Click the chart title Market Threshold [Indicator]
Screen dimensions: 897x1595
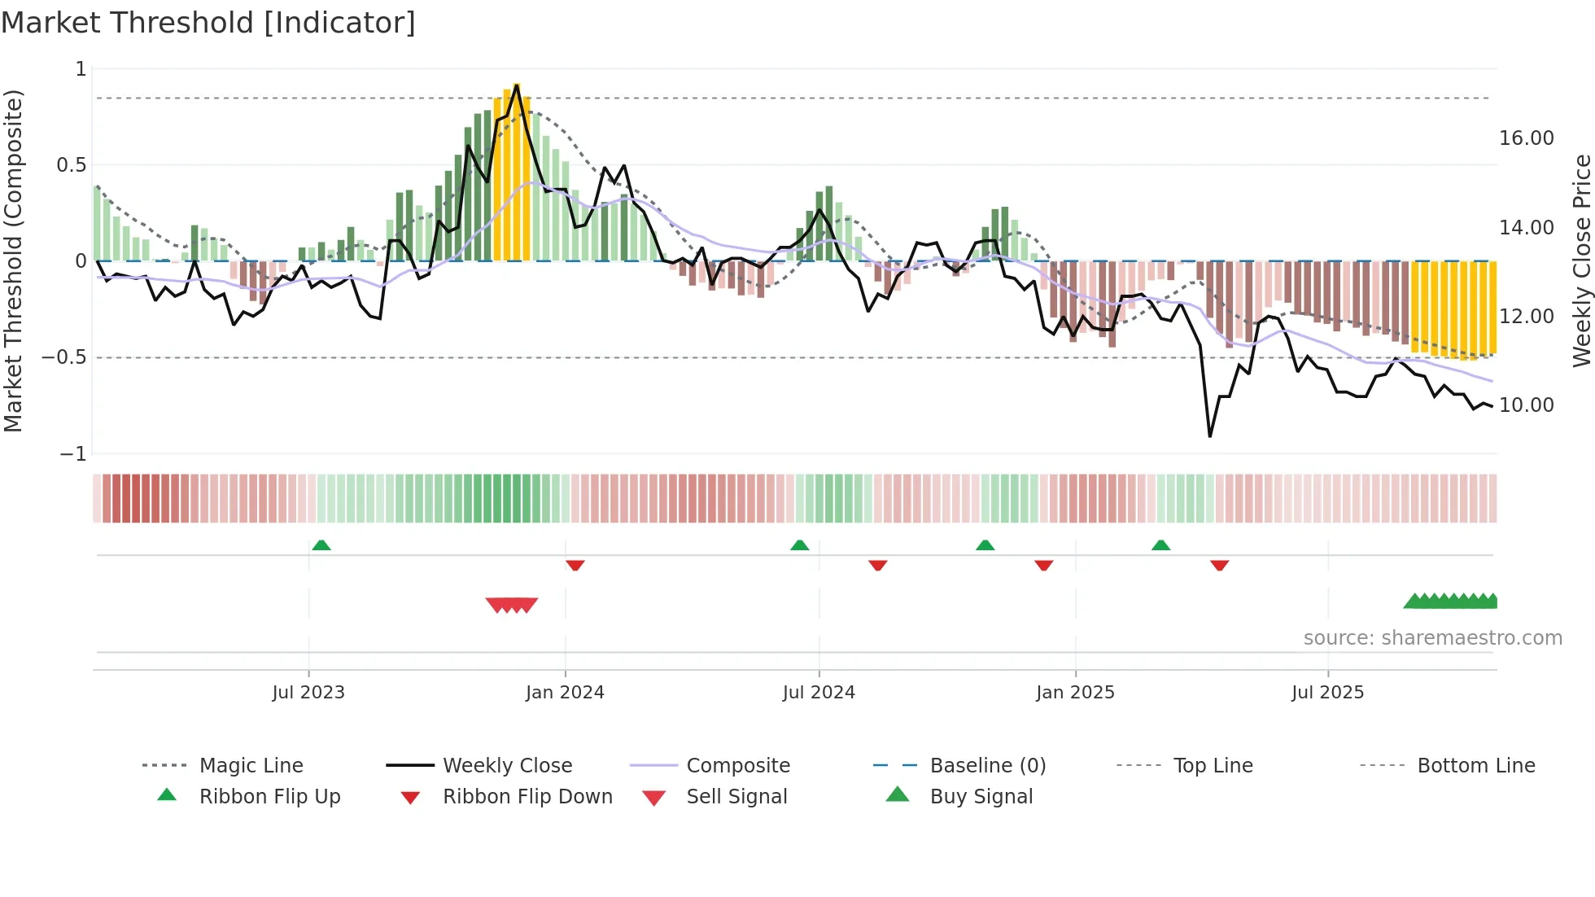click(x=208, y=23)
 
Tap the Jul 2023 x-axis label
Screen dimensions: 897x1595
click(x=308, y=692)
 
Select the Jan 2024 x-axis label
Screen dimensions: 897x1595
click(x=565, y=692)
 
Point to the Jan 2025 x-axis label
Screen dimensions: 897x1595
click(x=1075, y=692)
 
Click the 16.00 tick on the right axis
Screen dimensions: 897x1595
click(x=1526, y=138)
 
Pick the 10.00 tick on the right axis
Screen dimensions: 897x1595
click(x=1526, y=405)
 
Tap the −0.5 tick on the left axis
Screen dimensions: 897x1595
click(x=64, y=357)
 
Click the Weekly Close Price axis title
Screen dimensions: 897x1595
click(x=1581, y=260)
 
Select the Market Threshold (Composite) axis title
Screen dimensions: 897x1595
click(x=13, y=260)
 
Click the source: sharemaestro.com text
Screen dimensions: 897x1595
click(x=1432, y=637)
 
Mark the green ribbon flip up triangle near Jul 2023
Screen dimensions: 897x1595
click(x=321, y=545)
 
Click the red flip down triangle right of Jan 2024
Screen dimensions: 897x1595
click(x=575, y=565)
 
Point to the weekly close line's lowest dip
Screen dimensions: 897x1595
click(x=1210, y=436)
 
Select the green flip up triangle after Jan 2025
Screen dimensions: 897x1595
click(x=1161, y=545)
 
